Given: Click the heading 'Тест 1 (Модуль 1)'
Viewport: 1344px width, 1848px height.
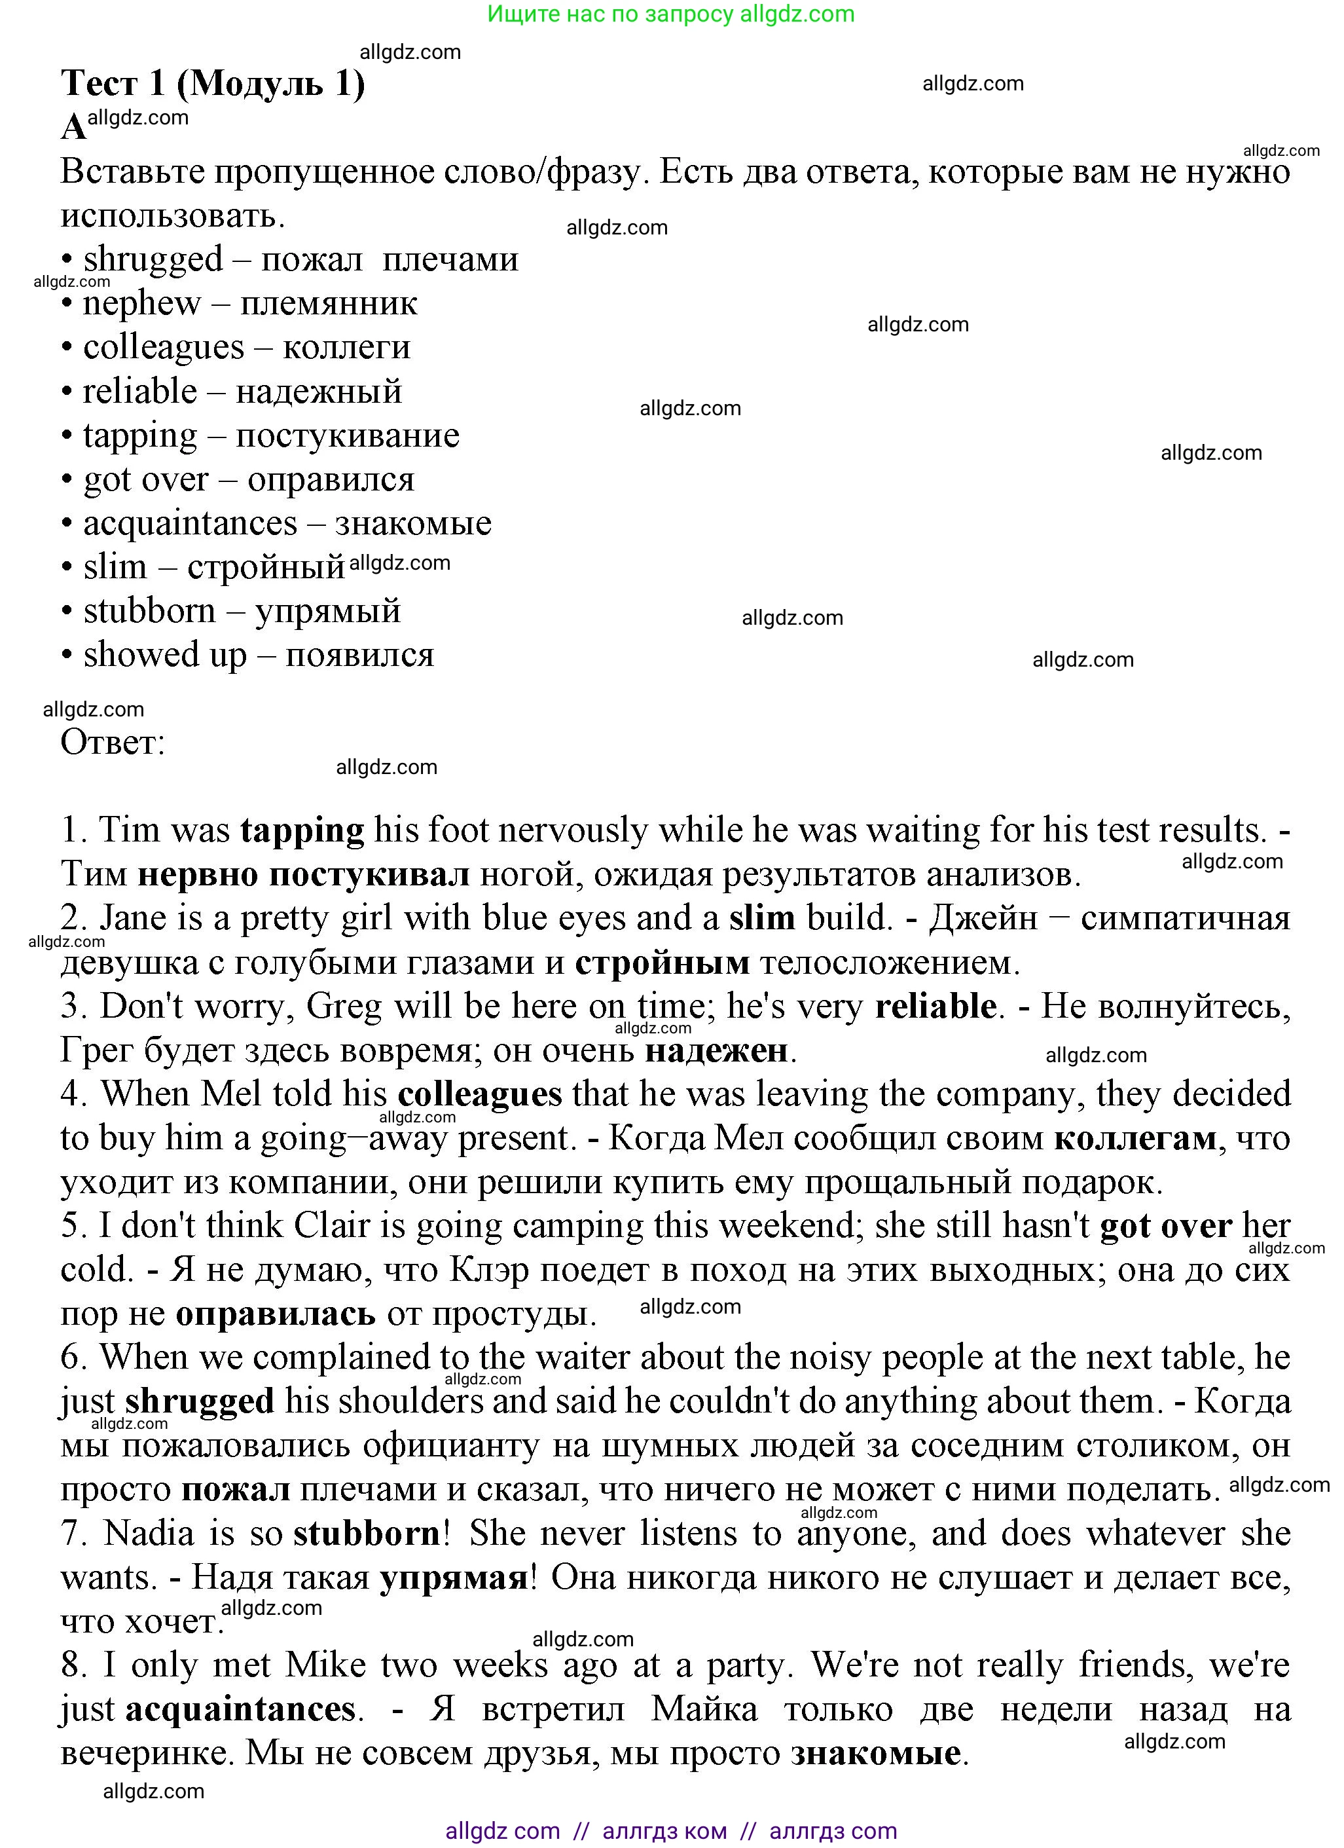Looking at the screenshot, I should pos(213,83).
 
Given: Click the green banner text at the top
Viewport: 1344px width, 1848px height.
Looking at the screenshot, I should pos(670,14).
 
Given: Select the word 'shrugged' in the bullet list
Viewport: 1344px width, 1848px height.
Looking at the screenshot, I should pos(153,259).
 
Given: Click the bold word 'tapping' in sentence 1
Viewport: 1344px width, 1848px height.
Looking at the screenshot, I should pos(302,830).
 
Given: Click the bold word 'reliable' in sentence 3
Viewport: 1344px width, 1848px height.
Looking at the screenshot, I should pos(935,1007).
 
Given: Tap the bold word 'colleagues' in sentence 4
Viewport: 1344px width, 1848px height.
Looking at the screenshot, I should pos(480,1094).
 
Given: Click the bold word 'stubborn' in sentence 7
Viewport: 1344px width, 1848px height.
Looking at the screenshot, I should pos(367,1534).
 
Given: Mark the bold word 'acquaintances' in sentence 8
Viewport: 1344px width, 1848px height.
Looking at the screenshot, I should pos(240,1709).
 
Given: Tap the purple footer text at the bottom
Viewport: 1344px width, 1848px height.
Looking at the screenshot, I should pos(670,1831).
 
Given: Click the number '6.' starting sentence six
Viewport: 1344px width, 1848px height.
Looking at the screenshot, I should pos(73,1358).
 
